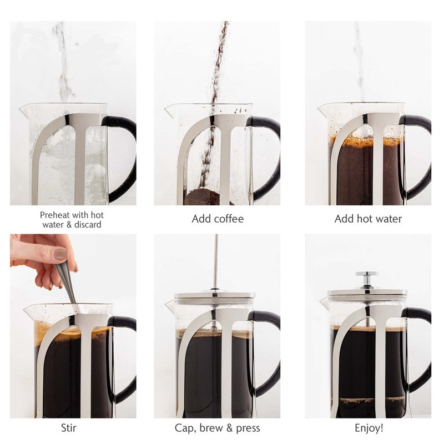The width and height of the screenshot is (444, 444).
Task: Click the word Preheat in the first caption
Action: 54,215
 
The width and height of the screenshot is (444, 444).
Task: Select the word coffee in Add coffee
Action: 229,219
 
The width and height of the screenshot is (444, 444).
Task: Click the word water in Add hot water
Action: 387,219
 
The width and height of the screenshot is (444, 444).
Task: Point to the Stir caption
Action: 68,427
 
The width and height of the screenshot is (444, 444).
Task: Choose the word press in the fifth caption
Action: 248,428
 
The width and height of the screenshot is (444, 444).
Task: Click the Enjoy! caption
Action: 369,427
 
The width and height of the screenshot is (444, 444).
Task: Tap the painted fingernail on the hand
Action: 60,254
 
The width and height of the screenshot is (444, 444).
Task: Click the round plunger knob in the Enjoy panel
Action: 367,274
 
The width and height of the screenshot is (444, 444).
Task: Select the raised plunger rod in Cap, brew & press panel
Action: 216,261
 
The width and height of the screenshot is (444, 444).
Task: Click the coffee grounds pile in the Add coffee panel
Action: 201,197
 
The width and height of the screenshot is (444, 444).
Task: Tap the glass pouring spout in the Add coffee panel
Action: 171,111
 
